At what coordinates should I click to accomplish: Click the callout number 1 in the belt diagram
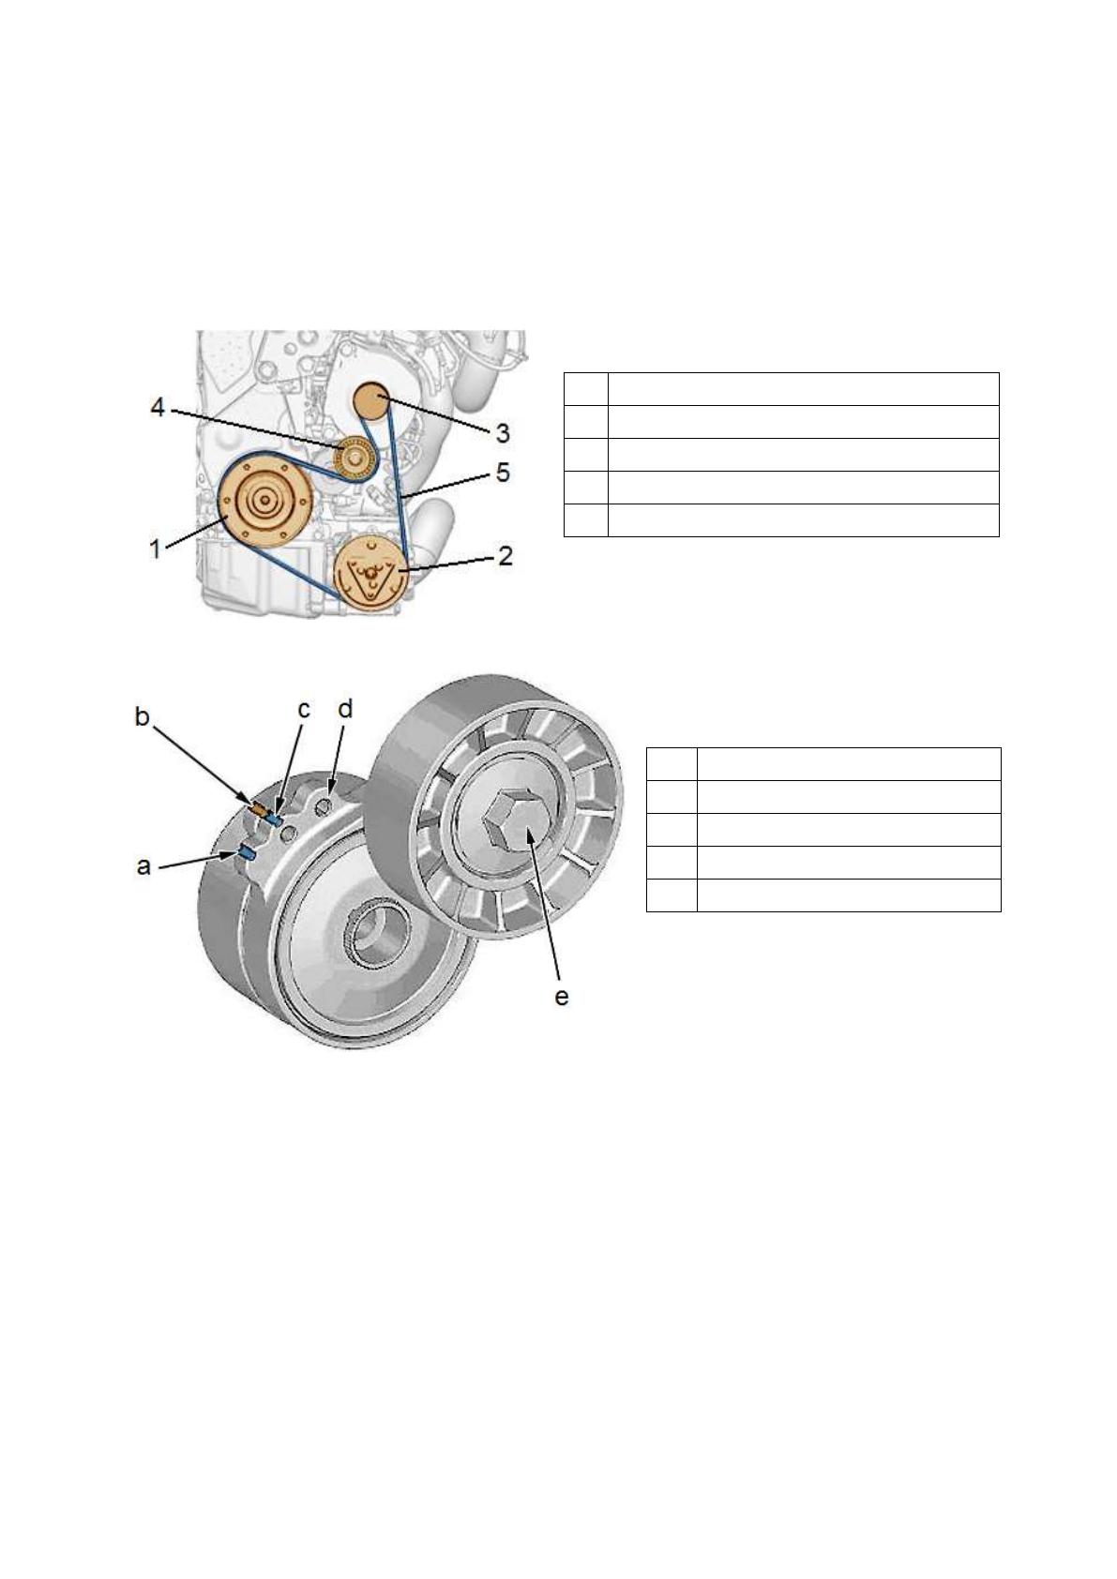click(155, 549)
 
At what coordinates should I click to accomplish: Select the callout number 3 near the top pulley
click(502, 433)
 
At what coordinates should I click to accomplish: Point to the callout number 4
click(158, 407)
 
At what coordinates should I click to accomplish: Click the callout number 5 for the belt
click(502, 473)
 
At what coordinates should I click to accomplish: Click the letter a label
click(143, 865)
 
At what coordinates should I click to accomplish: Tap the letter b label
click(143, 716)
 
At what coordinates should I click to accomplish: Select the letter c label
click(304, 710)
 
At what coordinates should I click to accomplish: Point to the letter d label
click(345, 708)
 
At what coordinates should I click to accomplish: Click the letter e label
click(562, 997)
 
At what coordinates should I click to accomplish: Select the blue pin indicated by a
click(246, 851)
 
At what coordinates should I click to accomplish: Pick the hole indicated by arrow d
click(325, 805)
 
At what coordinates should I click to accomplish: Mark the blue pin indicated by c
click(274, 820)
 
